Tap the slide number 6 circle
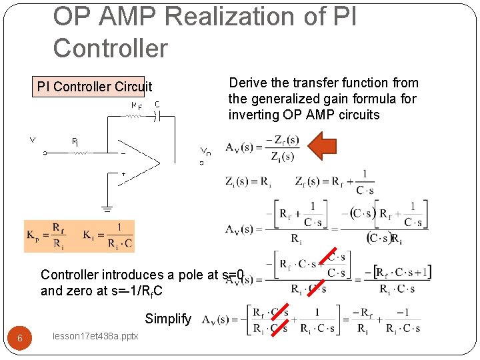pos(20,338)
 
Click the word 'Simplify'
pos(168,319)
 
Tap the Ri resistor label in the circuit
pos(75,141)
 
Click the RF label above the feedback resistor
pos(136,105)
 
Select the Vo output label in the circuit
pos(206,152)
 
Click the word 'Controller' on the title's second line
pos(110,47)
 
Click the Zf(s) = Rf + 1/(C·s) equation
pos(335,181)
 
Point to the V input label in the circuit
pos(31,141)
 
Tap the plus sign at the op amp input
pos(122,174)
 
